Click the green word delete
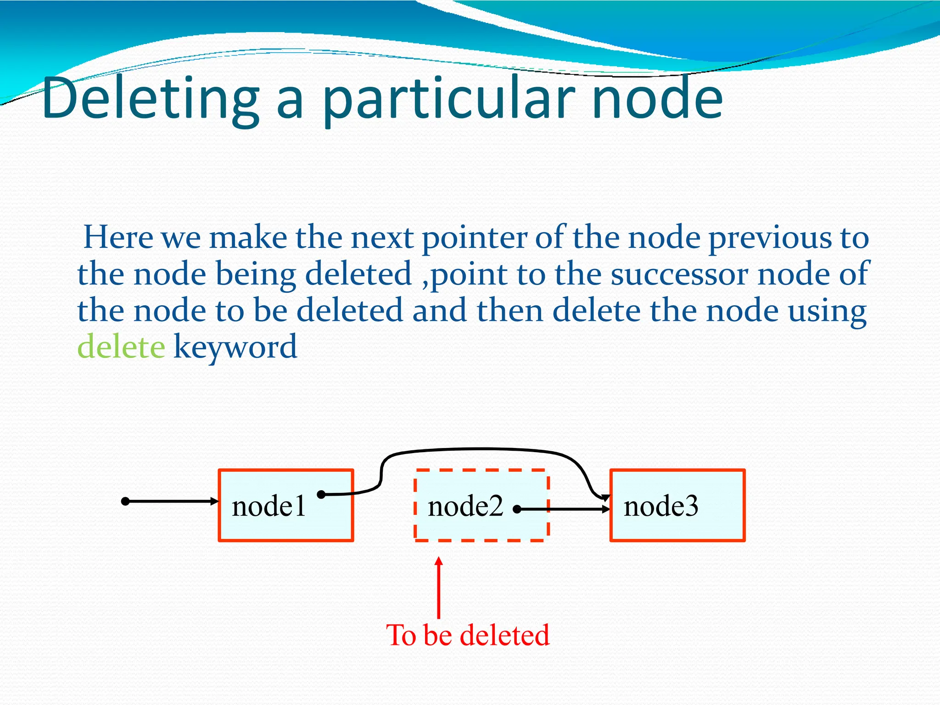121,347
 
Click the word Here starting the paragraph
118,238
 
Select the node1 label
269,507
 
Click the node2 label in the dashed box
465,507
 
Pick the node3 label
661,507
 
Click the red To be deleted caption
468,635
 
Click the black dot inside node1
321,494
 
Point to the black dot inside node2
517,509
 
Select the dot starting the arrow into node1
125,501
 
